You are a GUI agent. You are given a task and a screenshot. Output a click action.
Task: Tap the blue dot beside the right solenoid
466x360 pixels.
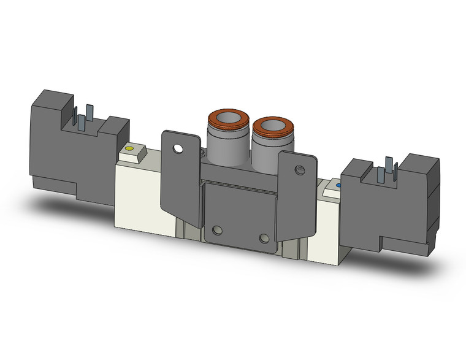click(x=336, y=183)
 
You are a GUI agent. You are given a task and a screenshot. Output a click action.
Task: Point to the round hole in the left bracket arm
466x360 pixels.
click(x=178, y=148)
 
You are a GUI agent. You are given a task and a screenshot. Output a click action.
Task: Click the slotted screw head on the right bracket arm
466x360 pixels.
click(x=300, y=170)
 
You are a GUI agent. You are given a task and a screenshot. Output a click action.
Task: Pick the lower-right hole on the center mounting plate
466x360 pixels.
click(x=264, y=238)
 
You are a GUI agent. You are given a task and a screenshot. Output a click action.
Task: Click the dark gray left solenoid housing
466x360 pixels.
click(x=55, y=147)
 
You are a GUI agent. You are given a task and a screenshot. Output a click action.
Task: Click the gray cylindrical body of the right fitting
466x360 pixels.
click(x=265, y=150)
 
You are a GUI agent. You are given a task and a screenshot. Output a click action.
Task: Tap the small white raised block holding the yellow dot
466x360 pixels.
click(x=133, y=153)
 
